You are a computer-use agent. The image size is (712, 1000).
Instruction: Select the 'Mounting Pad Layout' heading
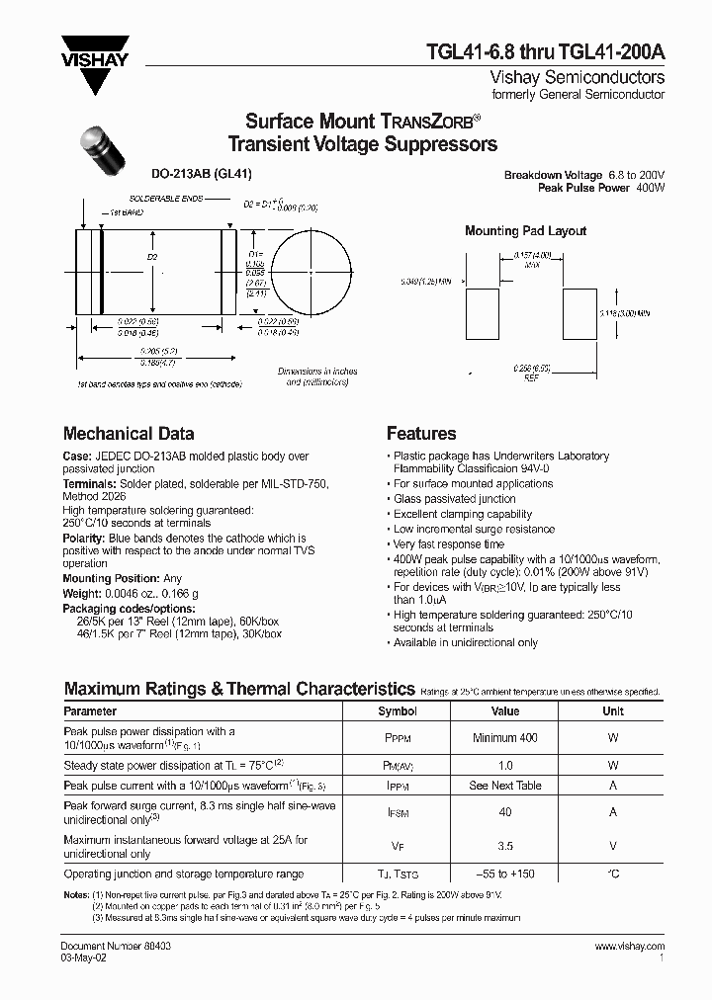click(x=525, y=231)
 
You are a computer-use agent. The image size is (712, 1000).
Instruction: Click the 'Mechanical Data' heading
click(x=129, y=434)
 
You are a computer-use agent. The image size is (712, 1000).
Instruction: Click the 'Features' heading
click(x=421, y=434)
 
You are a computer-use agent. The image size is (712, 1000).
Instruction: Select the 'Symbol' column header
click(x=398, y=711)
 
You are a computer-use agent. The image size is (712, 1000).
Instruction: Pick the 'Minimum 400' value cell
click(x=505, y=738)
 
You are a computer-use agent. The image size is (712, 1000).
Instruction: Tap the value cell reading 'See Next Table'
click(x=505, y=786)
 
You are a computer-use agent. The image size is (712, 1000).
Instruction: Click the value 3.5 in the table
click(x=505, y=847)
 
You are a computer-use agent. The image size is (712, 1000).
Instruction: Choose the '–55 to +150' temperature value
click(x=505, y=875)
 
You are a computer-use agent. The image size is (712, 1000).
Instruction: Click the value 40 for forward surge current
click(x=505, y=813)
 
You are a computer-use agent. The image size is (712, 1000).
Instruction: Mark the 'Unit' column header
click(x=613, y=711)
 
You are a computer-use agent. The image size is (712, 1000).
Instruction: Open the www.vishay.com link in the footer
click(x=630, y=947)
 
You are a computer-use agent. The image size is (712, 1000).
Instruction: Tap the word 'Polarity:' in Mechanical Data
click(x=86, y=538)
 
